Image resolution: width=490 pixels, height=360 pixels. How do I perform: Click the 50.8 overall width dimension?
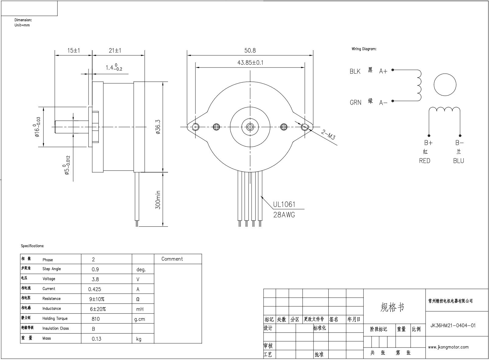[x=250, y=51]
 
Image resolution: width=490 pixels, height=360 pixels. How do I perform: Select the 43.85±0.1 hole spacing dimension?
[x=250, y=63]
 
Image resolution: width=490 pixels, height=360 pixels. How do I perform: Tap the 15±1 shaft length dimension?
[x=73, y=51]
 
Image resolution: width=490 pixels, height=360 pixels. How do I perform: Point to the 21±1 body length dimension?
[x=115, y=51]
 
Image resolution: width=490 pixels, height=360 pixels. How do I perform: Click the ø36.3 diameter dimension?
[x=158, y=127]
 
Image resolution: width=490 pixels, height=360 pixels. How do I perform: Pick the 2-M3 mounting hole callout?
[x=328, y=135]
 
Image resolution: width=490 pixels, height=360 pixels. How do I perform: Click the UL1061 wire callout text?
[x=284, y=204]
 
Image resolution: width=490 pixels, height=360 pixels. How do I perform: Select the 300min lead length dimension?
[x=158, y=200]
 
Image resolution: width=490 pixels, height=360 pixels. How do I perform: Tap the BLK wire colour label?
[x=355, y=72]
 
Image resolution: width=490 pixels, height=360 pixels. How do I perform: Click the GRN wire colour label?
[x=355, y=103]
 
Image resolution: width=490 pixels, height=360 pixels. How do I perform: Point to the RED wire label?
[x=425, y=161]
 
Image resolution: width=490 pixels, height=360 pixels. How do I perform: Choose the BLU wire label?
[x=458, y=161]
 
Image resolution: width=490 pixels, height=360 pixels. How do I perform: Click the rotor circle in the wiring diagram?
[x=445, y=85]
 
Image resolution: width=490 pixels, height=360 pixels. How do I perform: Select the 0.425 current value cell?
[x=95, y=289]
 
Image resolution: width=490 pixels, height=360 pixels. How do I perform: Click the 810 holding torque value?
[x=96, y=319]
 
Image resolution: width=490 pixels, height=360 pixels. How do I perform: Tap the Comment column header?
[x=172, y=259]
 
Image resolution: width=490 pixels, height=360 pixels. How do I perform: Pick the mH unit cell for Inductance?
[x=140, y=309]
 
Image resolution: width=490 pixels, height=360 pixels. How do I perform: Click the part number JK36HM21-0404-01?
[x=453, y=325]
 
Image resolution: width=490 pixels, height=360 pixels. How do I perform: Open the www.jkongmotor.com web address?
[x=448, y=347]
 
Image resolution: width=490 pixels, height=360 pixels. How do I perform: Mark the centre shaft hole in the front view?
[x=250, y=127]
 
